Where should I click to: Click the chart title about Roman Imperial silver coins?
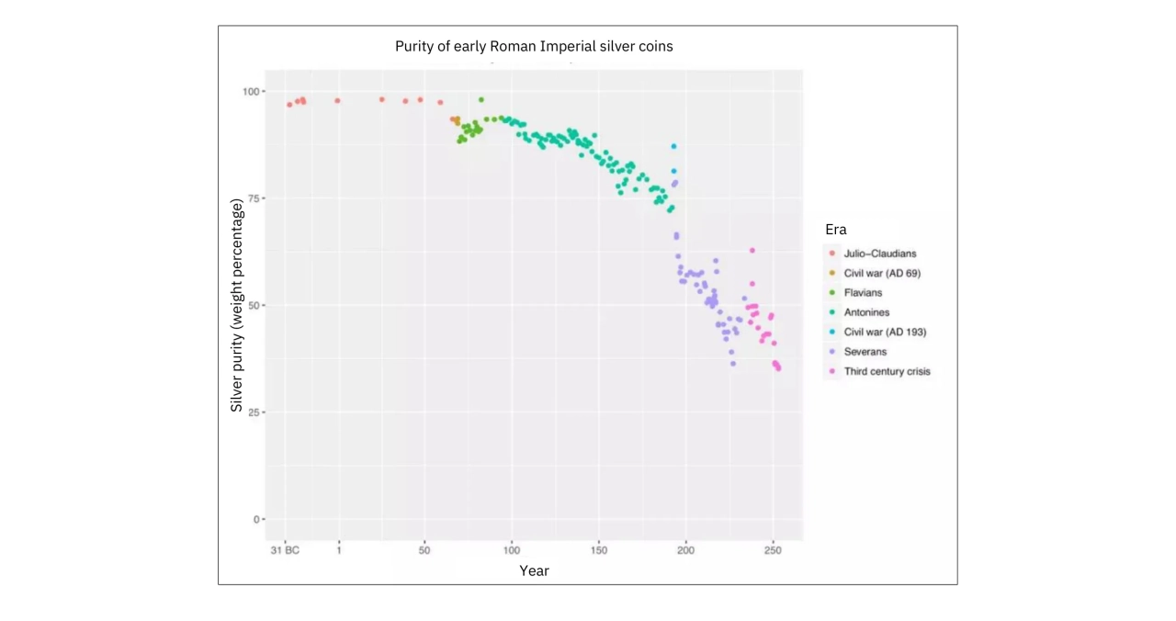coord(534,46)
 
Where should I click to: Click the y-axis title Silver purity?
coord(237,306)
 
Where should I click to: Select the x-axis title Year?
coord(534,570)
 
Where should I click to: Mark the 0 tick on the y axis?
coord(258,519)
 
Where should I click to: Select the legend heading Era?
coord(835,230)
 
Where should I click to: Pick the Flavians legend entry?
coord(863,293)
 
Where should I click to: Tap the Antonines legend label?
coord(866,312)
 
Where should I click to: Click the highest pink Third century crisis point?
coord(752,250)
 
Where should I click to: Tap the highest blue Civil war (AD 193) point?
coord(673,146)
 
